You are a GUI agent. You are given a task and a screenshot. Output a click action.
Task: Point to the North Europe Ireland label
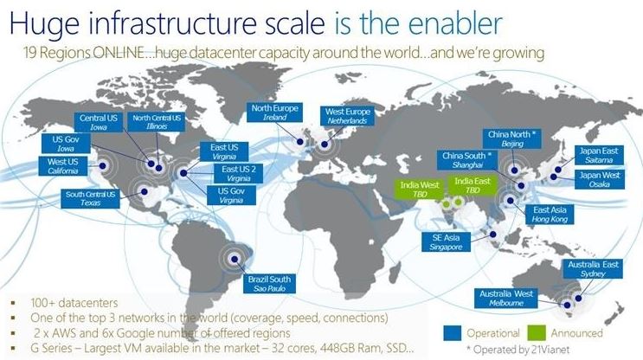point(274,113)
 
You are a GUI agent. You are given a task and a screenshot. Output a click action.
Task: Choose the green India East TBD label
point(472,183)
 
